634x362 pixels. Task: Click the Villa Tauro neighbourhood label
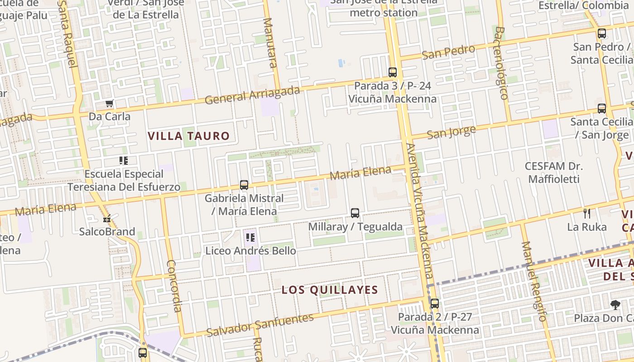[x=189, y=136]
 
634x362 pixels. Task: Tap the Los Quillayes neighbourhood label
[x=330, y=290]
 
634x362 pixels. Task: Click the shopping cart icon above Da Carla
[x=109, y=104]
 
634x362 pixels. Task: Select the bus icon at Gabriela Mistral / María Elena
[x=244, y=185]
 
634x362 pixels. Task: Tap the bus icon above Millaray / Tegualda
[x=355, y=213]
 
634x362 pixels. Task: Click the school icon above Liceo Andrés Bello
[x=250, y=237]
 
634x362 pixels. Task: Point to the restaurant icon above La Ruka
[x=587, y=213]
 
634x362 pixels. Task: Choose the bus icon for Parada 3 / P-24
[x=393, y=72]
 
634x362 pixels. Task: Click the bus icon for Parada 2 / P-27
[x=435, y=304]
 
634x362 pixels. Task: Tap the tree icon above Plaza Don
[x=615, y=305]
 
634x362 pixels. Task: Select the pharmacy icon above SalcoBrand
[x=107, y=219]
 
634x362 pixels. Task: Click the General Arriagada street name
[x=252, y=95]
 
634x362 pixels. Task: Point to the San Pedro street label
[x=448, y=52]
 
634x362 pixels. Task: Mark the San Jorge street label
[x=451, y=133]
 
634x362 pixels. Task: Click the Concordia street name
[x=174, y=286]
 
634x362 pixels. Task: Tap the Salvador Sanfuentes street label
[x=259, y=324]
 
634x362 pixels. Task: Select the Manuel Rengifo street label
[x=534, y=281]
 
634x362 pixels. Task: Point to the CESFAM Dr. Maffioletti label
[x=554, y=172]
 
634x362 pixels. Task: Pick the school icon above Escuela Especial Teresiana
[x=124, y=160]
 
